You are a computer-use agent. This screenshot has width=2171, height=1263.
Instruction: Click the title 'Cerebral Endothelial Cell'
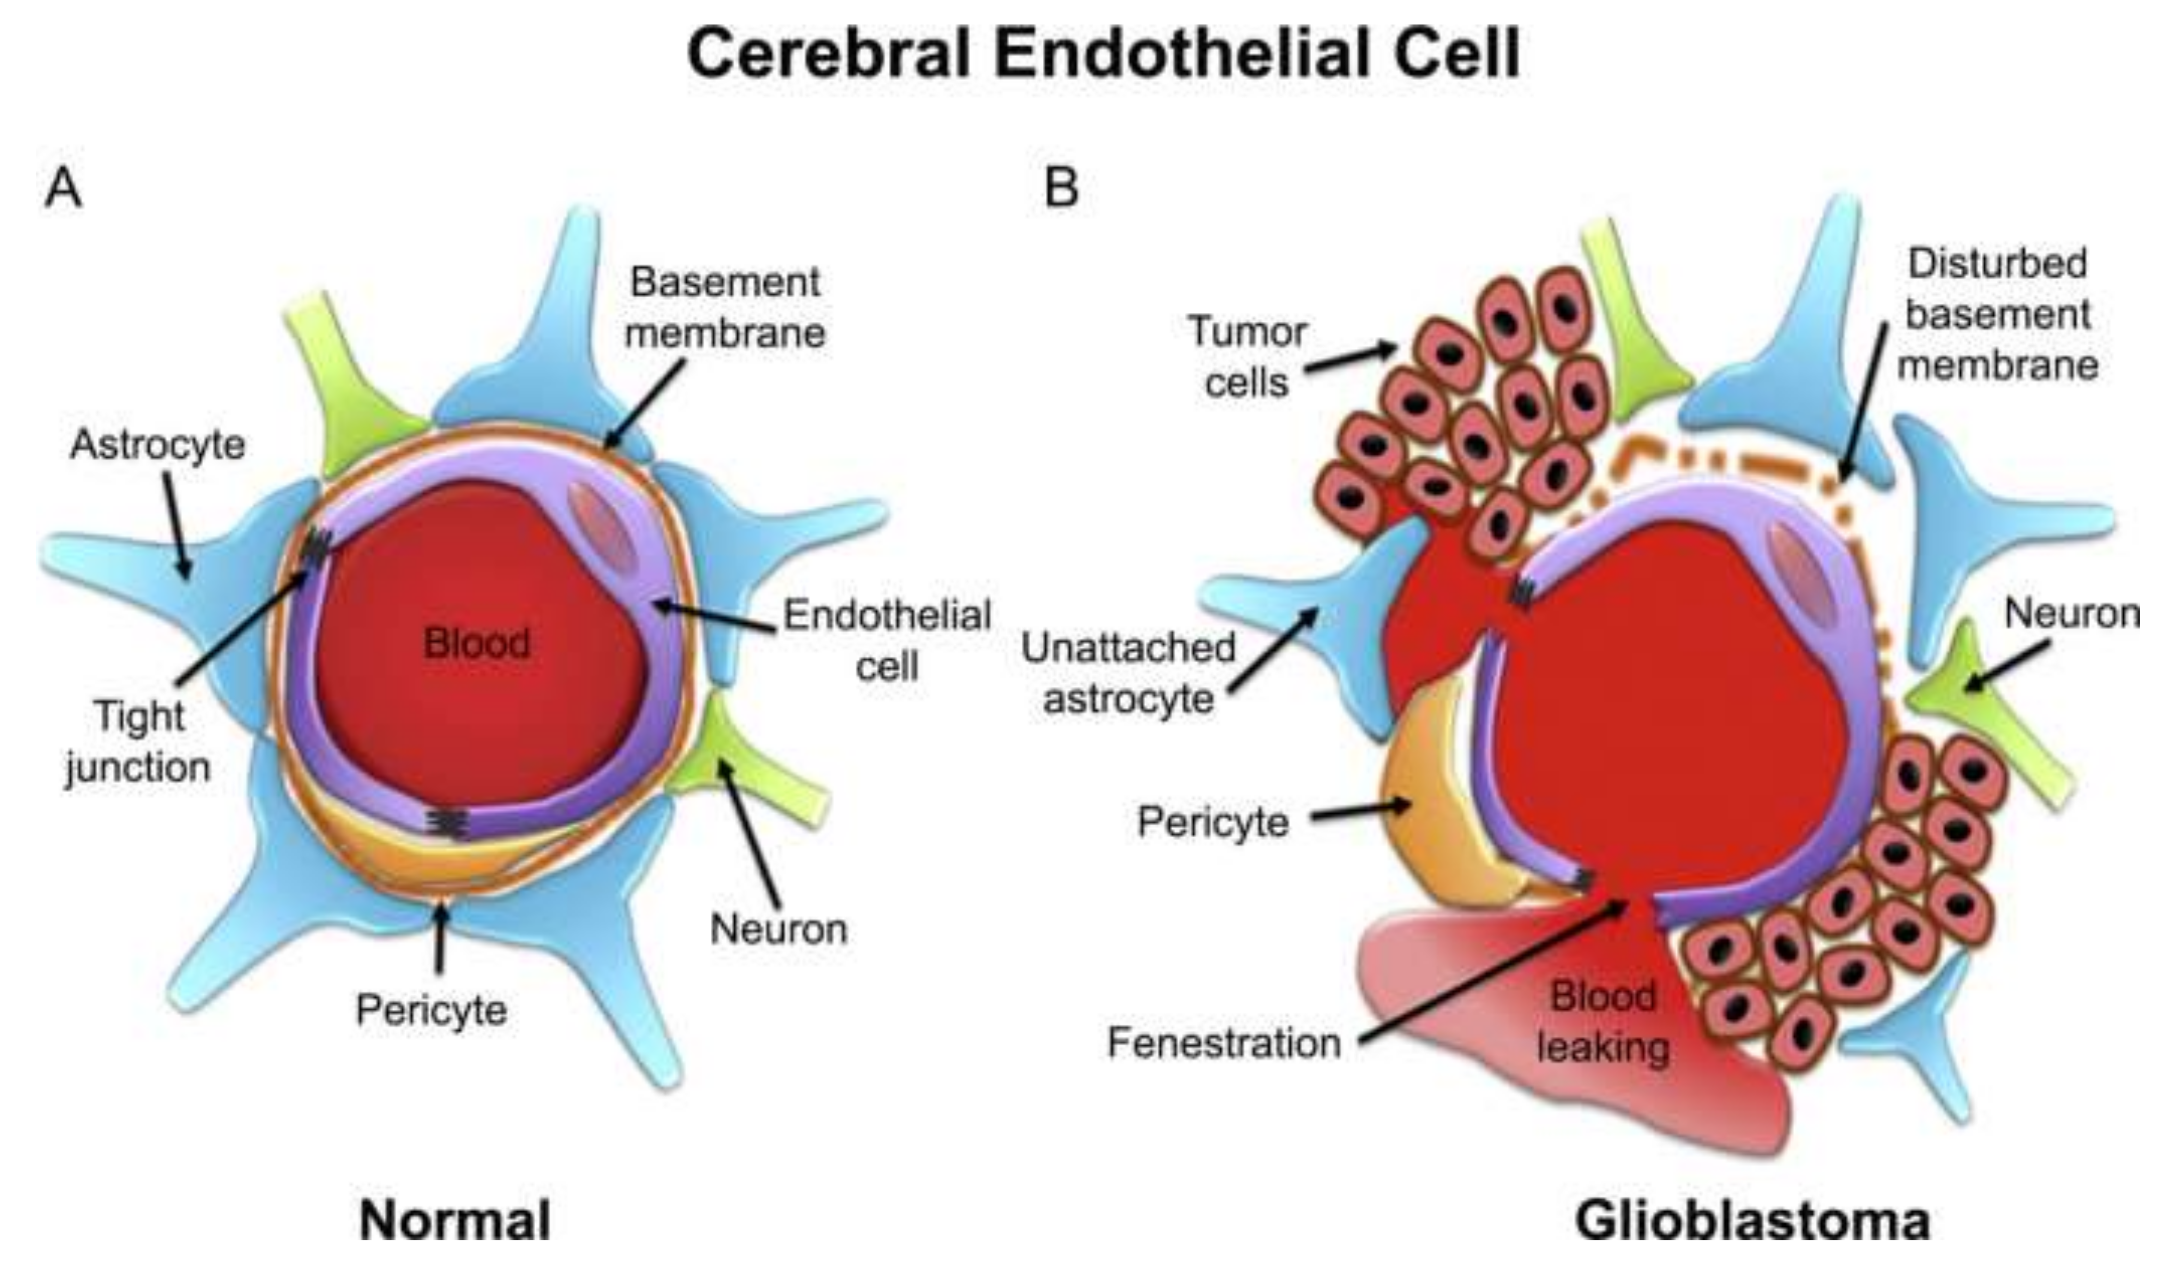(x=1103, y=54)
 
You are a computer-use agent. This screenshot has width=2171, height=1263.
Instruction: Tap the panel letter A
(x=63, y=188)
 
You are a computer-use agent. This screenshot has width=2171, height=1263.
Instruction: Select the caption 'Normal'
(x=455, y=1220)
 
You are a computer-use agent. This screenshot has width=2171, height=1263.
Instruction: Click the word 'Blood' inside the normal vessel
(x=476, y=643)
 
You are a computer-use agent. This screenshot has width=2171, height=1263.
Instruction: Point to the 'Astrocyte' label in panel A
(x=158, y=444)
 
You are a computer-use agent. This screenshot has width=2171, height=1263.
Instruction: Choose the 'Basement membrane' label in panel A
(x=725, y=307)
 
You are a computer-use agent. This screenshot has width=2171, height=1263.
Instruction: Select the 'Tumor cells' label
(x=1246, y=357)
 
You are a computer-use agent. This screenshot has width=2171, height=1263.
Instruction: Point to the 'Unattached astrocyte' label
(x=1129, y=673)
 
